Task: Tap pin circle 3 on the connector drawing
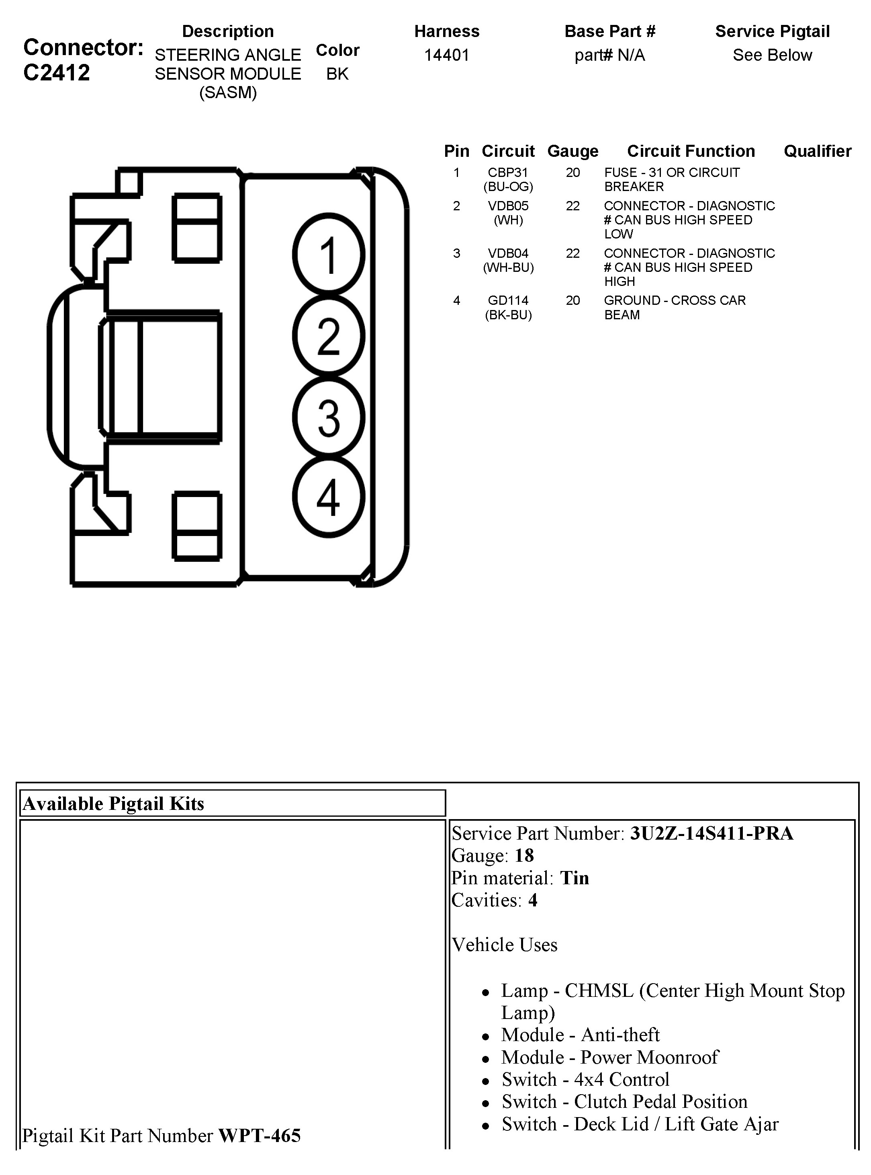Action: click(x=329, y=417)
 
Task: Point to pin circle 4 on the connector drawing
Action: click(x=329, y=497)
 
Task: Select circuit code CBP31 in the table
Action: click(x=508, y=173)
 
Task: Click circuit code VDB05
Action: click(x=508, y=206)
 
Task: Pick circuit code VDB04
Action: click(x=508, y=253)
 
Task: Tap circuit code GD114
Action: click(x=508, y=300)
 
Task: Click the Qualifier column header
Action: click(x=817, y=152)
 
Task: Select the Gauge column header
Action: click(x=572, y=152)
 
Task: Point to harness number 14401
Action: click(x=447, y=55)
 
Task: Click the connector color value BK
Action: click(x=337, y=74)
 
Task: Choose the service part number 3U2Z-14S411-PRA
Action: click(x=711, y=833)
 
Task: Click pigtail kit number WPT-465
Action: click(x=260, y=1136)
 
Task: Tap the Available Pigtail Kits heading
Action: click(x=113, y=803)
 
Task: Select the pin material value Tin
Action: click(x=574, y=878)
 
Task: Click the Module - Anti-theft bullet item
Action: click(x=580, y=1035)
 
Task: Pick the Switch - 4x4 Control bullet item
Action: click(x=585, y=1080)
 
